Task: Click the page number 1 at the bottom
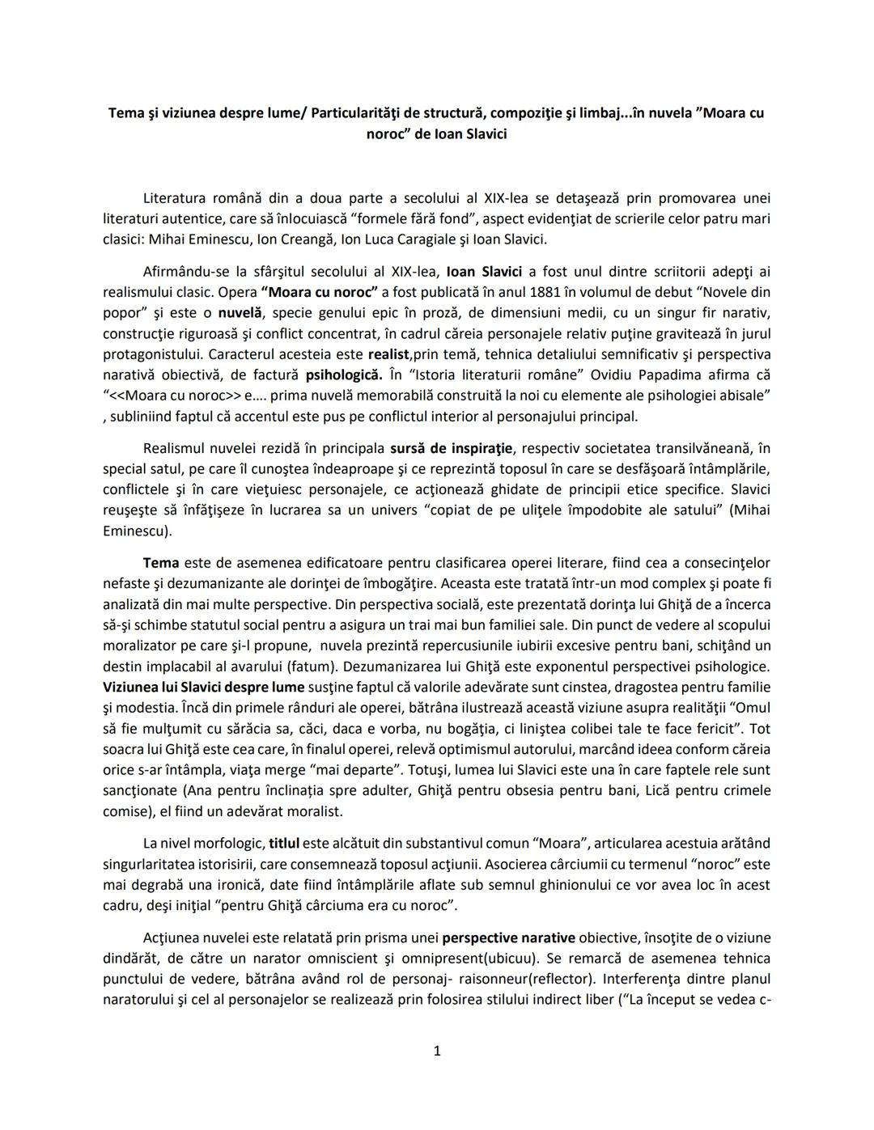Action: pos(437,1051)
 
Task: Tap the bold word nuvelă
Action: pos(240,313)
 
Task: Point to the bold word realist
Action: pos(389,354)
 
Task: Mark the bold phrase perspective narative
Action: pos(508,937)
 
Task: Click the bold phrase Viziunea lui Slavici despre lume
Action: pos(203,687)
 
